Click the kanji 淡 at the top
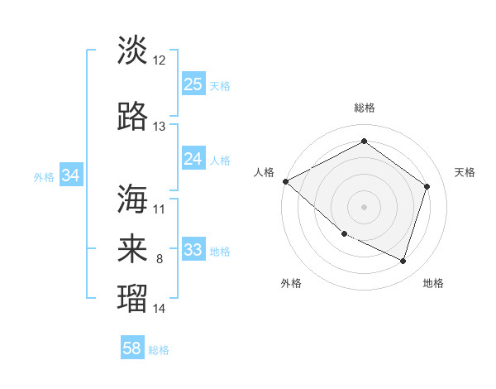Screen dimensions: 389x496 click(132, 50)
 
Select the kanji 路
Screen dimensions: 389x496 click(132, 118)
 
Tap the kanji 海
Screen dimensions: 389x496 click(132, 199)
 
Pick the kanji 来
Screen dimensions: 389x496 click(132, 248)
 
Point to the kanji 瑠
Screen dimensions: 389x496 click(132, 296)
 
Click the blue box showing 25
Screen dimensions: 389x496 click(193, 84)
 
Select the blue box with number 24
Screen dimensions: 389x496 click(193, 159)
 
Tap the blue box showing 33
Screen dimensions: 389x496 click(193, 250)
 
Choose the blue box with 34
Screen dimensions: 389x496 click(71, 175)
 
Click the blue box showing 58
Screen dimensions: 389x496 click(132, 348)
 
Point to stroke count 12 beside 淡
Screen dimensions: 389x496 click(160, 60)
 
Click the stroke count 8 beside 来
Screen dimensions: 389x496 click(160, 260)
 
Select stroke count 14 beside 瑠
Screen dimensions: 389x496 click(160, 309)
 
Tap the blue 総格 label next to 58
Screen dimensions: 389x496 click(159, 350)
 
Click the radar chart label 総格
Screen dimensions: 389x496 click(364, 108)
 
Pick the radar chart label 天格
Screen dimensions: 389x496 click(465, 172)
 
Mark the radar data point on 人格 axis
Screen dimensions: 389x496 click(285, 181)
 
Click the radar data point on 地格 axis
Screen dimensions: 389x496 click(403, 261)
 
